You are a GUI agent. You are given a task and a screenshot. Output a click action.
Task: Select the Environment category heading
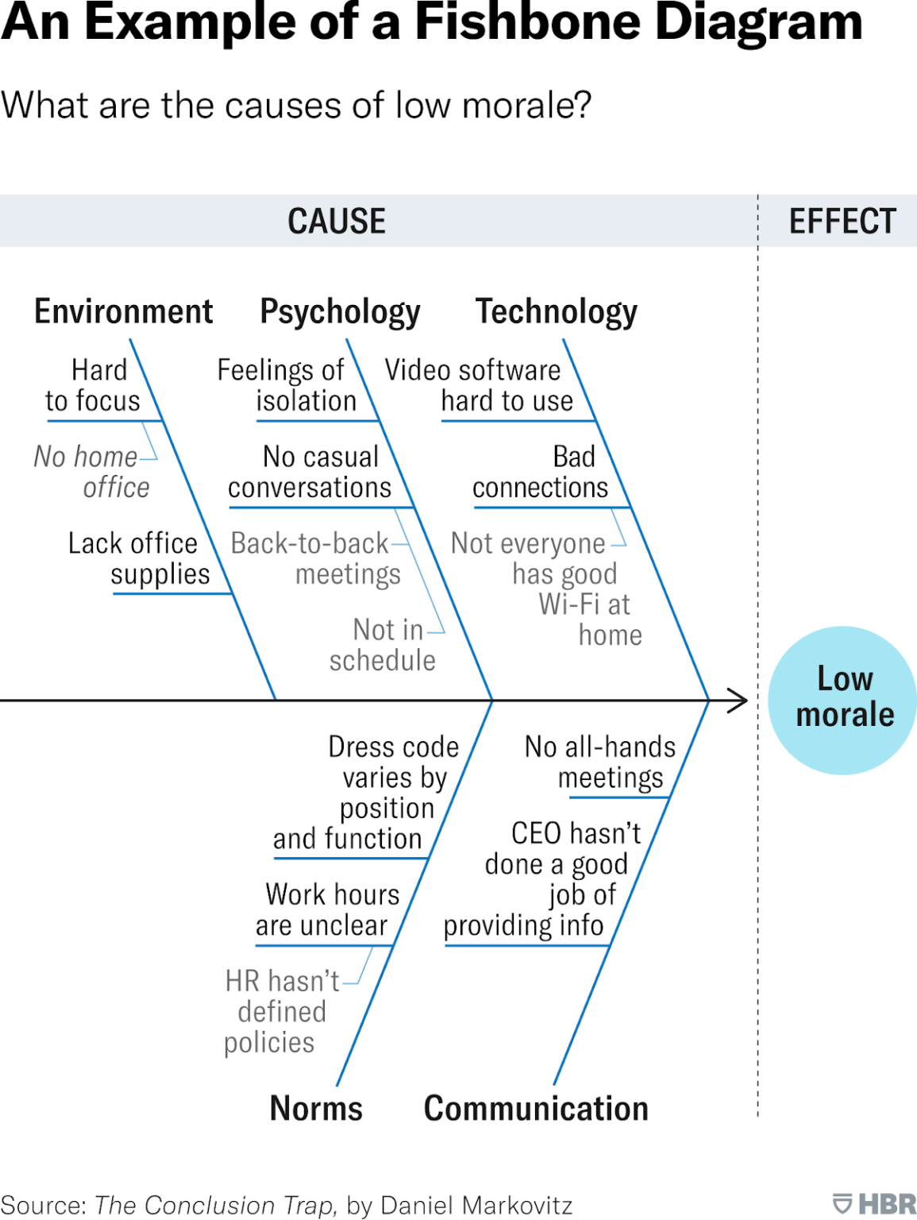tap(123, 311)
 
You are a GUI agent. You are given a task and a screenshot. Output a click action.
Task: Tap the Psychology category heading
tap(340, 312)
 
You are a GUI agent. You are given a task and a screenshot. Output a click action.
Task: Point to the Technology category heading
tap(556, 312)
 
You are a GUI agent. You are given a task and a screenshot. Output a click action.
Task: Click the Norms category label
tap(316, 1108)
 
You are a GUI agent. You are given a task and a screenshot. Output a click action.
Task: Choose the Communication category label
tap(536, 1108)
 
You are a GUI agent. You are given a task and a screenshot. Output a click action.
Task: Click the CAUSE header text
tap(337, 221)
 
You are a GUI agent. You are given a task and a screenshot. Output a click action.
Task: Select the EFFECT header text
tap(842, 221)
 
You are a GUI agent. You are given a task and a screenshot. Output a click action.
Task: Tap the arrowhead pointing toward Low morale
tap(739, 701)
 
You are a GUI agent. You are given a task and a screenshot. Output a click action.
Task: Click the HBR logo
tap(874, 1203)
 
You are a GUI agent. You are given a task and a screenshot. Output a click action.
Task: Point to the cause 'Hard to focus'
tap(94, 386)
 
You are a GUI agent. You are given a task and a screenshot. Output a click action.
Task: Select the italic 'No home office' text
tap(92, 472)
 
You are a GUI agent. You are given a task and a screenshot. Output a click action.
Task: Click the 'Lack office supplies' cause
tap(140, 558)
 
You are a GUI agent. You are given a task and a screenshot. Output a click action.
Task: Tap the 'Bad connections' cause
tap(541, 472)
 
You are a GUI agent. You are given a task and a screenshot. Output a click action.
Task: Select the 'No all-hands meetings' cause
tap(601, 762)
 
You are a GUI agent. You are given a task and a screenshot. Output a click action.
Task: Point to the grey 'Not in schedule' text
tap(383, 645)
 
